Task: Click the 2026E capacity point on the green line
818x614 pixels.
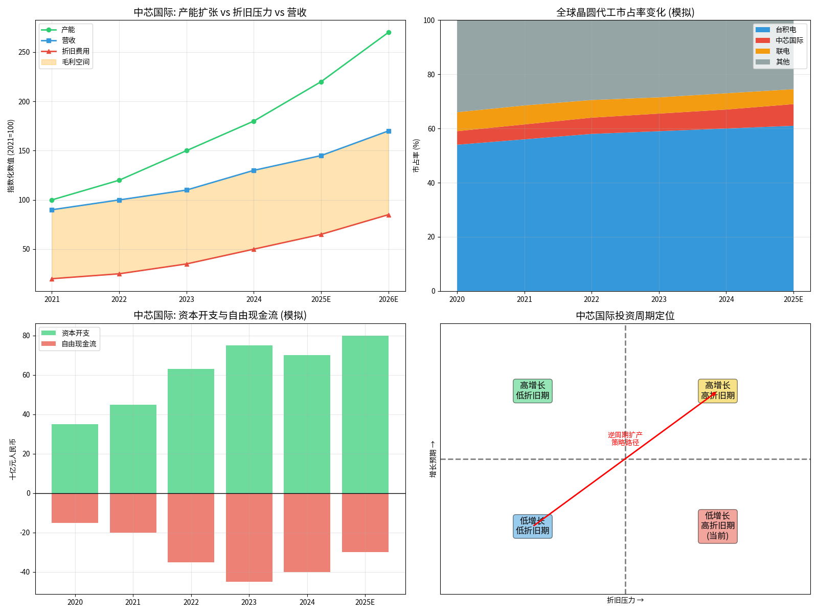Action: (389, 32)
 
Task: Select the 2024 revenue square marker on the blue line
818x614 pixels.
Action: (254, 170)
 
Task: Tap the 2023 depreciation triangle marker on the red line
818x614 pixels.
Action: (187, 264)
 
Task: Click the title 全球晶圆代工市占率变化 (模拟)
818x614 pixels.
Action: (625, 12)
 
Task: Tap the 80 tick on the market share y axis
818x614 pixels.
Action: (431, 75)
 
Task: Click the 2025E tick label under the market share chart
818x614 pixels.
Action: (793, 299)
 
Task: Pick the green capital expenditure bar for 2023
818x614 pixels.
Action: (249, 419)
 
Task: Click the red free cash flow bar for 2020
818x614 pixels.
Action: (75, 508)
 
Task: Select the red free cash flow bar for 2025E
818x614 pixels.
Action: (365, 522)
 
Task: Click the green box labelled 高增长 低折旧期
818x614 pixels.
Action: (532, 391)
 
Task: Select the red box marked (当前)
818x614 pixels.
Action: (717, 526)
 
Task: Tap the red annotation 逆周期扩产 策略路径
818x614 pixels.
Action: (625, 438)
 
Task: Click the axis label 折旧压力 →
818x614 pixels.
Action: (625, 600)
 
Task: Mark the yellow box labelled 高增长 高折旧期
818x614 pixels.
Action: (717, 391)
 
